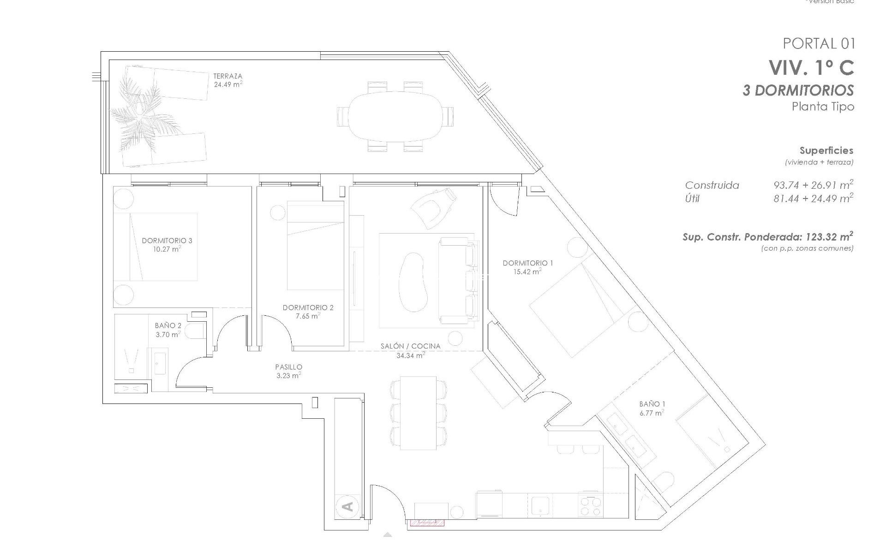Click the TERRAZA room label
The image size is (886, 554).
click(x=227, y=76)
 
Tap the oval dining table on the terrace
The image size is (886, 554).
click(x=395, y=116)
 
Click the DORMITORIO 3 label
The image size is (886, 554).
click(x=167, y=241)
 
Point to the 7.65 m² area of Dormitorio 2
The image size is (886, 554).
click(x=308, y=316)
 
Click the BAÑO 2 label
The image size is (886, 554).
click(x=168, y=326)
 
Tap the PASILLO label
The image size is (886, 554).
click(x=288, y=367)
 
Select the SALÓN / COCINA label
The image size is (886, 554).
click(x=410, y=346)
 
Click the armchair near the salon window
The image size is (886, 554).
click(x=436, y=207)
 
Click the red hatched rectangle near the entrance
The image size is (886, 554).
click(x=427, y=522)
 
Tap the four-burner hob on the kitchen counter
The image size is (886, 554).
click(x=590, y=505)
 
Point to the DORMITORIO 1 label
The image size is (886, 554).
click(x=527, y=263)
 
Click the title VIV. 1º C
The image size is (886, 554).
click(x=811, y=68)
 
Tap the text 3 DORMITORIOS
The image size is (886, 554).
click(x=798, y=90)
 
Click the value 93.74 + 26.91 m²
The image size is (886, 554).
click(x=813, y=185)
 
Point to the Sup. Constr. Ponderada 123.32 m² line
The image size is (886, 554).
click(x=767, y=237)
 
